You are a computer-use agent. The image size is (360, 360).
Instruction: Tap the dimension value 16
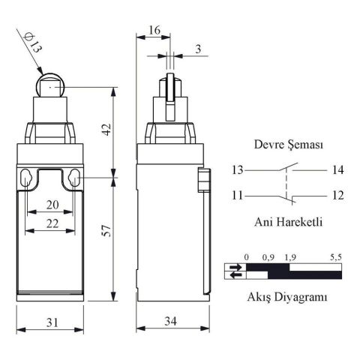click(x=154, y=30)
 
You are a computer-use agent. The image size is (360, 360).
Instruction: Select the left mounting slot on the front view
click(x=27, y=178)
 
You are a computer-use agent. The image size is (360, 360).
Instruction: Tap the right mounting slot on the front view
click(x=75, y=178)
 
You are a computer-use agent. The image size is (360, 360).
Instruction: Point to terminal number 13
click(x=238, y=170)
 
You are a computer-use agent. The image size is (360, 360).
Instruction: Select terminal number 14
click(x=337, y=170)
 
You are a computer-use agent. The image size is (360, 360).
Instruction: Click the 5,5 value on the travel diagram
click(x=336, y=257)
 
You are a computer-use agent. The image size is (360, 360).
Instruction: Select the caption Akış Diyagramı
click(x=287, y=297)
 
